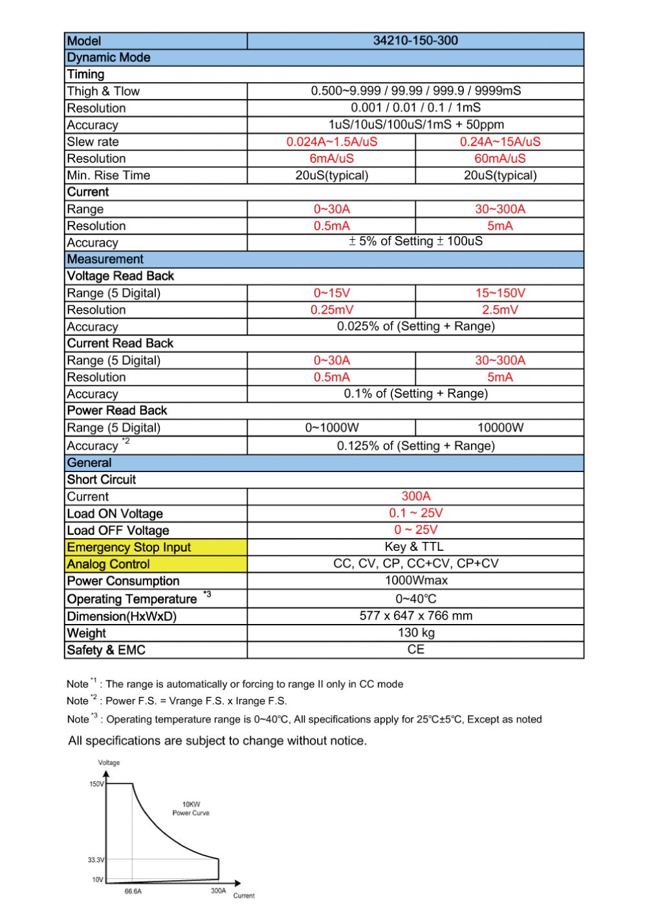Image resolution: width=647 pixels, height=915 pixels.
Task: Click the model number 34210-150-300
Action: tap(415, 41)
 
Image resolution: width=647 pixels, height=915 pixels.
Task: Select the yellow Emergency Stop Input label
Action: tap(129, 548)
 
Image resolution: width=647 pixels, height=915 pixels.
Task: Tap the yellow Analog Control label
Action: tap(108, 565)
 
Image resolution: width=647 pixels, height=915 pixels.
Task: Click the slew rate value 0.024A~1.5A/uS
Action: tap(332, 142)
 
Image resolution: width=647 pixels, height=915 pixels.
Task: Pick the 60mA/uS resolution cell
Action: tap(499, 158)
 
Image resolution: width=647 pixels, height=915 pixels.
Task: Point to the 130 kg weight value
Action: tap(415, 632)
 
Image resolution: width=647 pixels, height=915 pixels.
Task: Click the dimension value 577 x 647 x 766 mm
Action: tap(415, 616)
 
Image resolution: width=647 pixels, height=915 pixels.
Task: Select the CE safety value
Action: tap(415, 649)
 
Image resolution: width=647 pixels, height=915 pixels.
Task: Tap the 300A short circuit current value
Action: tap(415, 496)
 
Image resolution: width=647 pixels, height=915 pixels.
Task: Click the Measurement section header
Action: tap(105, 259)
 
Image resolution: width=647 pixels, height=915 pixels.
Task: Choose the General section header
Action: tap(89, 463)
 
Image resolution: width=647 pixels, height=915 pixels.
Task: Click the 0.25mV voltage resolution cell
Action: tap(332, 310)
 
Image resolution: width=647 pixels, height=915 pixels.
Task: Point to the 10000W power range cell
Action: tap(499, 427)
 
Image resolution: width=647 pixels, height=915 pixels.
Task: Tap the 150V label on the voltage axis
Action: tap(96, 784)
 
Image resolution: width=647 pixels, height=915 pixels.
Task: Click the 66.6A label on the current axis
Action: tap(133, 891)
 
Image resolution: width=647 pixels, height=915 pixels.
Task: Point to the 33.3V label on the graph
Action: tap(95, 860)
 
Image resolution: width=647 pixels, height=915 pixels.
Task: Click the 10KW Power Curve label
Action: tap(191, 808)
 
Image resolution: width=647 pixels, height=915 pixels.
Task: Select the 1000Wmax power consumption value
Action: tap(415, 581)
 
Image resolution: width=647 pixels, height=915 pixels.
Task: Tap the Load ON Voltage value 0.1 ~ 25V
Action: tap(415, 513)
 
